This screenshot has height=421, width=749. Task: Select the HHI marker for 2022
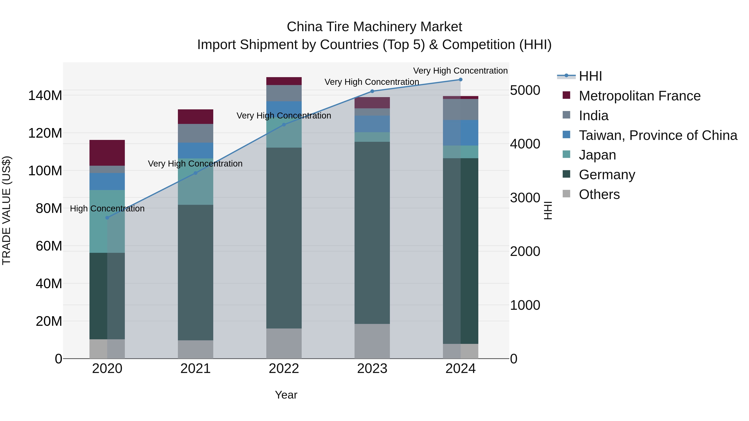pos(284,125)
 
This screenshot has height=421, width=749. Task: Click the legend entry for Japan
pos(597,155)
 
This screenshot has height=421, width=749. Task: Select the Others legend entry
pos(599,194)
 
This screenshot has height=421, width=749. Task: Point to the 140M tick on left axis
pos(45,96)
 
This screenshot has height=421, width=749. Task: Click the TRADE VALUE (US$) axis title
pos(6,210)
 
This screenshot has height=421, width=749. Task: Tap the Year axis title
pos(286,395)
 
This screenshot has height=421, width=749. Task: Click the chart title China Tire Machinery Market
pos(374,27)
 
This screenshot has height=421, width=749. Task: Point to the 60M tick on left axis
pos(49,246)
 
